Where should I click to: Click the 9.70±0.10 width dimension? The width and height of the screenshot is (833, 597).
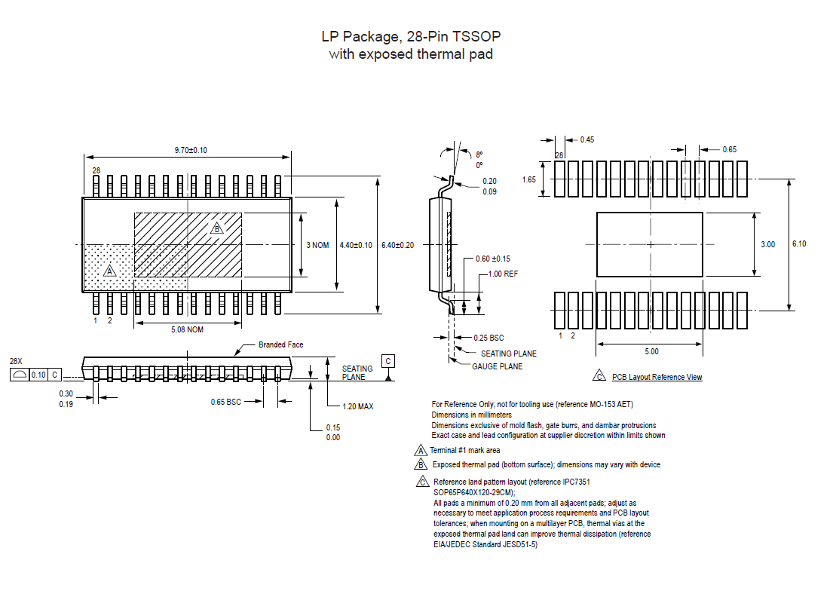190,151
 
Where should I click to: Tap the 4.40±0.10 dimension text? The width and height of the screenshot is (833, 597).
356,246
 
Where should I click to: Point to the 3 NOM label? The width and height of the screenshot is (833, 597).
317,246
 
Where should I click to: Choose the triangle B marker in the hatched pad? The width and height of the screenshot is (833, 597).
217,228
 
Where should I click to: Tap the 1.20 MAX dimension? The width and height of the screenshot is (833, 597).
357,406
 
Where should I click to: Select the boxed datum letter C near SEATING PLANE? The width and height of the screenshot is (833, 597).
387,361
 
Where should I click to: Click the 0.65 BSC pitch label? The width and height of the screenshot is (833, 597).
226,402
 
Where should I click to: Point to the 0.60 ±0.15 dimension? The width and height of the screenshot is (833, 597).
492,259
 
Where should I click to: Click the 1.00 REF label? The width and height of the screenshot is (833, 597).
503,274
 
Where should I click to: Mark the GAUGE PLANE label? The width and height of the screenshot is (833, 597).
497,366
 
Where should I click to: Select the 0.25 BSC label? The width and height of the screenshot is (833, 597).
488,338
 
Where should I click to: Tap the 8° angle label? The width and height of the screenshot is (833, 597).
479,154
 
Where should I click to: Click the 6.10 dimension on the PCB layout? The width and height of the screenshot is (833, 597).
799,243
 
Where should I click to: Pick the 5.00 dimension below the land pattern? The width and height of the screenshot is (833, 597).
651,351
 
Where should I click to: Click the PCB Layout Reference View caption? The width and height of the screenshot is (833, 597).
657,377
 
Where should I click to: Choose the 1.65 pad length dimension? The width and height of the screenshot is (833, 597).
529,179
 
